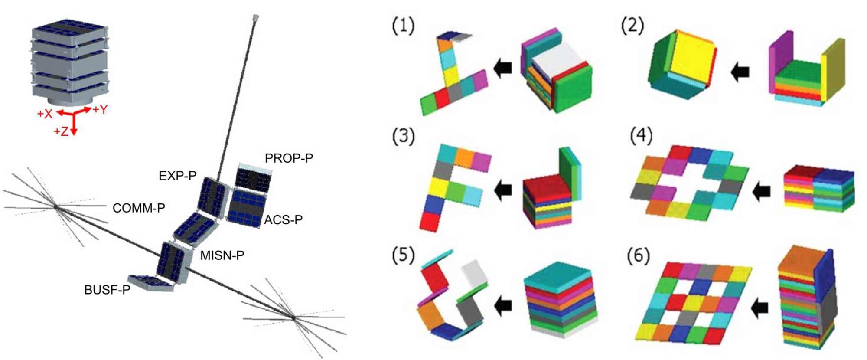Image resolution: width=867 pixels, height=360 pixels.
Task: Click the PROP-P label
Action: (x=289, y=158)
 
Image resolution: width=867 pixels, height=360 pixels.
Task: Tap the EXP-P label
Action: (x=177, y=176)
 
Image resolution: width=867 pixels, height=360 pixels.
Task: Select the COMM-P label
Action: (x=139, y=208)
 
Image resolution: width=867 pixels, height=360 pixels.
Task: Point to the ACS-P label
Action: (x=283, y=220)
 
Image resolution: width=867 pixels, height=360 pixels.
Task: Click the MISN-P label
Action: (x=222, y=255)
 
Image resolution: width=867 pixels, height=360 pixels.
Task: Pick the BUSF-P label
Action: (x=107, y=290)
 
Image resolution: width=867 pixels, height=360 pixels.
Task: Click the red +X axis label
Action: (x=45, y=114)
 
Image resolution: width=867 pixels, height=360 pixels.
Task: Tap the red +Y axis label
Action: (x=100, y=109)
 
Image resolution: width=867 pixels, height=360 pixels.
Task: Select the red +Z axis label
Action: (x=61, y=131)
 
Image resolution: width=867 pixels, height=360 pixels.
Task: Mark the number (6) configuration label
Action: (x=639, y=256)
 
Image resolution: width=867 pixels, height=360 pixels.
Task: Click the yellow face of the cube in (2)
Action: (x=692, y=59)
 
